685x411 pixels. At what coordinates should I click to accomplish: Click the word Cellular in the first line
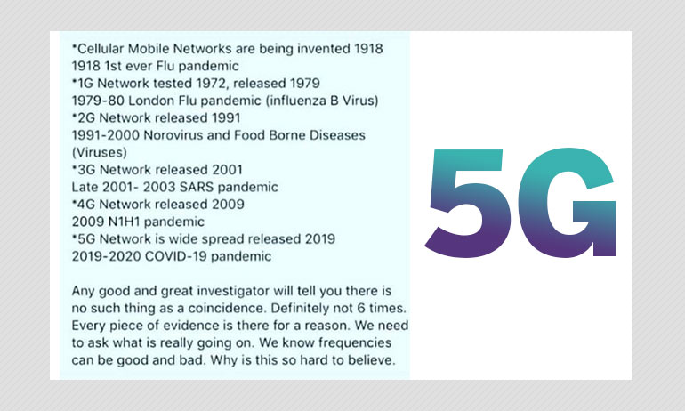coord(100,48)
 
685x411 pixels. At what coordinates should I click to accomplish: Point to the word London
coord(150,101)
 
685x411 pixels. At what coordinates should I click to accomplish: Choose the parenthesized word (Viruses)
coord(99,152)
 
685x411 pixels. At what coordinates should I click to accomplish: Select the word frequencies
coord(355,342)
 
